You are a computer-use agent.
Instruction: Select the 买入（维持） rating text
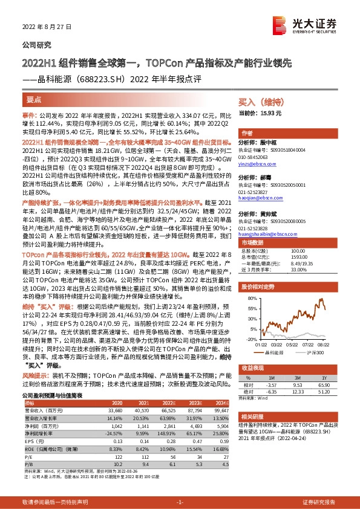pos(261,103)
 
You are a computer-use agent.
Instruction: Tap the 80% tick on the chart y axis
pos(250,297)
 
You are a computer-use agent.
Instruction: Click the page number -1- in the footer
pos(180,502)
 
